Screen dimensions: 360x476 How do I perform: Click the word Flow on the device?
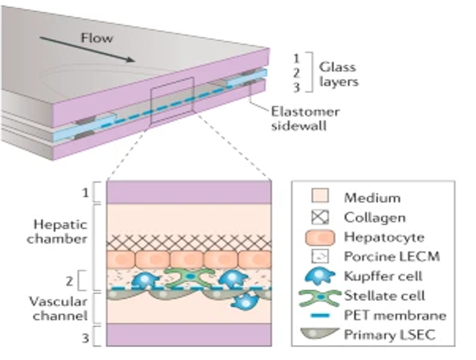(x=97, y=38)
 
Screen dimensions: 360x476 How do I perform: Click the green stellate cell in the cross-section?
(x=188, y=278)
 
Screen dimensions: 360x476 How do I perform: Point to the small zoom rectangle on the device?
(x=172, y=100)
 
